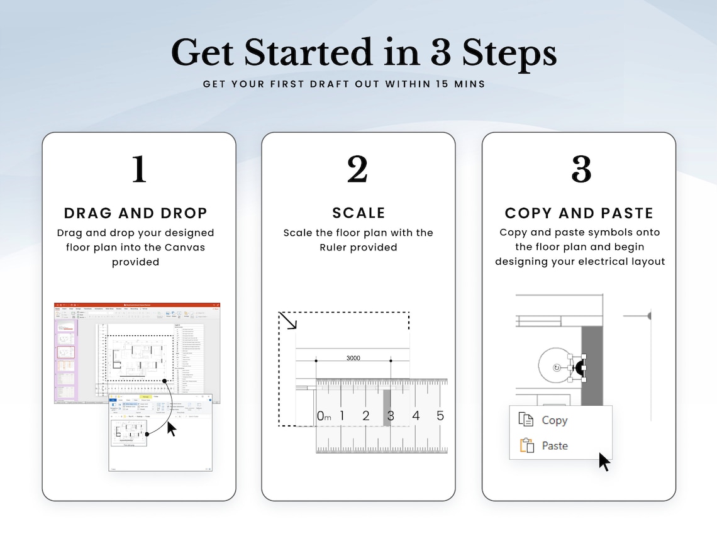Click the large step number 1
click(x=139, y=169)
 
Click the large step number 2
click(x=358, y=169)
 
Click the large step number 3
click(x=581, y=169)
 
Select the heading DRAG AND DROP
click(x=136, y=213)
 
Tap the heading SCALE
click(x=358, y=213)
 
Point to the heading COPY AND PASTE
click(x=579, y=213)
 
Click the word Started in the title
click(x=310, y=53)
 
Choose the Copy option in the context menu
click(x=554, y=420)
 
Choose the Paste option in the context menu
click(x=555, y=446)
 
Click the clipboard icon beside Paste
click(x=526, y=445)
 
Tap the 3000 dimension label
click(x=353, y=358)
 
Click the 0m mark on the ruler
click(x=323, y=416)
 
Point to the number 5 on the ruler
click(x=440, y=416)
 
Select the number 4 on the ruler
click(x=415, y=416)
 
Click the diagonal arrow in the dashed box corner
click(x=289, y=321)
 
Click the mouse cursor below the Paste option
click(x=604, y=462)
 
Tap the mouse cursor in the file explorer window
click(x=171, y=430)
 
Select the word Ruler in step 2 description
click(x=335, y=247)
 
